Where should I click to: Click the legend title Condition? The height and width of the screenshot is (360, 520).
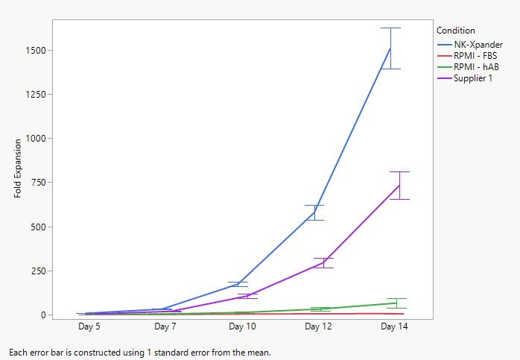pyautogui.click(x=455, y=31)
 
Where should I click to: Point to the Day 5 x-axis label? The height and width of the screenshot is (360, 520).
pyautogui.click(x=89, y=326)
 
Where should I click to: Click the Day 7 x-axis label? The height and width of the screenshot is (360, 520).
pyautogui.click(x=165, y=326)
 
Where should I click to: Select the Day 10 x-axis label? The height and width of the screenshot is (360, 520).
pyautogui.click(x=241, y=326)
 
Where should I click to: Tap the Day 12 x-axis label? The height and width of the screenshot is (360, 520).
pyautogui.click(x=318, y=326)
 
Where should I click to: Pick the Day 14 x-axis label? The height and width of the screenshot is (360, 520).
pyautogui.click(x=394, y=326)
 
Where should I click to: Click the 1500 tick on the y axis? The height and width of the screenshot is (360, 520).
pyautogui.click(x=34, y=51)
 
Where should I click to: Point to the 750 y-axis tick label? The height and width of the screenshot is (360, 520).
pyautogui.click(x=37, y=183)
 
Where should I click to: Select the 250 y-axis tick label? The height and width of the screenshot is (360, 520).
pyautogui.click(x=37, y=271)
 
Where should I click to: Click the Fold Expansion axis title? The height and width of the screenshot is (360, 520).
pyautogui.click(x=18, y=169)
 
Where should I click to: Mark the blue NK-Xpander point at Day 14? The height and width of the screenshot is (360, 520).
pyautogui.click(x=390, y=48)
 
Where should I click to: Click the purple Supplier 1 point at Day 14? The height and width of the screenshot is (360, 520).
pyautogui.click(x=399, y=185)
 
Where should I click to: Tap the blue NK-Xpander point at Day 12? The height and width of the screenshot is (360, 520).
pyautogui.click(x=314, y=212)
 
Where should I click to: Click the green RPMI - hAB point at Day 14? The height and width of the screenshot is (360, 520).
pyautogui.click(x=396, y=303)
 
